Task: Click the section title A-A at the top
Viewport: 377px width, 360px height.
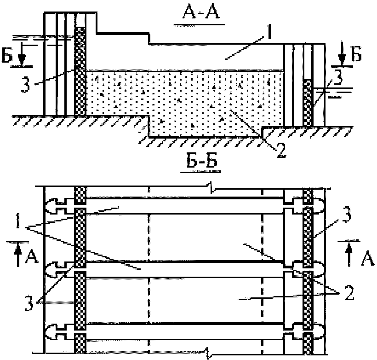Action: click(x=201, y=13)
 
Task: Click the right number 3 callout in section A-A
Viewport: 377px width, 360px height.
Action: click(x=338, y=77)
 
